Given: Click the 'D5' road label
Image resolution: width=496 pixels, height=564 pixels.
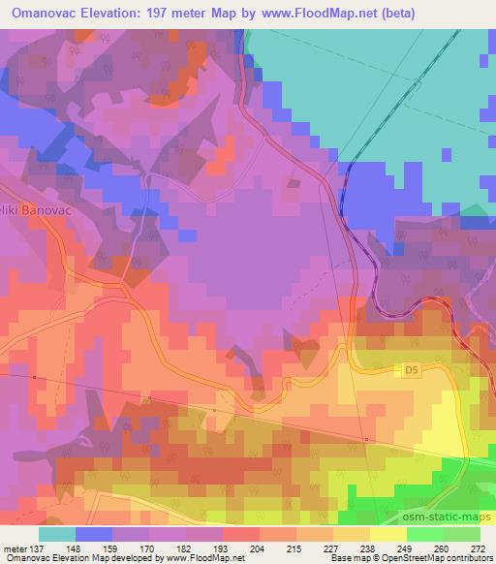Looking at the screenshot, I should (x=411, y=368).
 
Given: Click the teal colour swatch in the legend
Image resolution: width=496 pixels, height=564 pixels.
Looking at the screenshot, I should (x=57, y=534).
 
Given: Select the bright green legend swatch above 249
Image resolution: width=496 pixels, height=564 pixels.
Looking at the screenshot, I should (x=424, y=534).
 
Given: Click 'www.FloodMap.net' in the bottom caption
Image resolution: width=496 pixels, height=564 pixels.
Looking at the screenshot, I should (x=206, y=559).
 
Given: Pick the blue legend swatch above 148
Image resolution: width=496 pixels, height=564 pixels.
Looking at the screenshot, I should (x=94, y=534).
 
